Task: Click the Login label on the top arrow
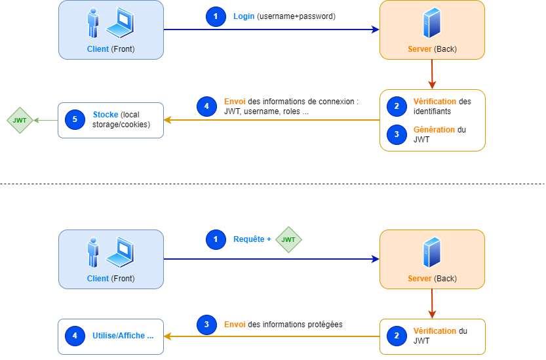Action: (x=243, y=16)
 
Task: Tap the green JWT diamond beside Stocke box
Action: (x=20, y=120)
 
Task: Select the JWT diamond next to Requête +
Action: (x=288, y=239)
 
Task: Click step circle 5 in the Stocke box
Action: (x=75, y=119)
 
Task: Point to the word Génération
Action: (x=434, y=130)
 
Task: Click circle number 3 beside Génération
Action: (x=397, y=134)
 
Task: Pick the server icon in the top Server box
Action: (x=432, y=23)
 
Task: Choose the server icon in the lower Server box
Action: (x=432, y=252)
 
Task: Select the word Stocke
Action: (x=106, y=115)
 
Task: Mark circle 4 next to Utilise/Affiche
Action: (x=75, y=336)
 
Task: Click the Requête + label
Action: (x=252, y=239)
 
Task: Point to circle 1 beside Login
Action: (x=216, y=16)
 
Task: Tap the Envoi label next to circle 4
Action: (x=235, y=102)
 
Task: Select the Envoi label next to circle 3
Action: (x=235, y=325)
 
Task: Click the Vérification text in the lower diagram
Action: (x=435, y=331)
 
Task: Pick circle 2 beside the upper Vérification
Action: (x=397, y=106)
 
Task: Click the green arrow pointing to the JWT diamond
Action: (x=45, y=120)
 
